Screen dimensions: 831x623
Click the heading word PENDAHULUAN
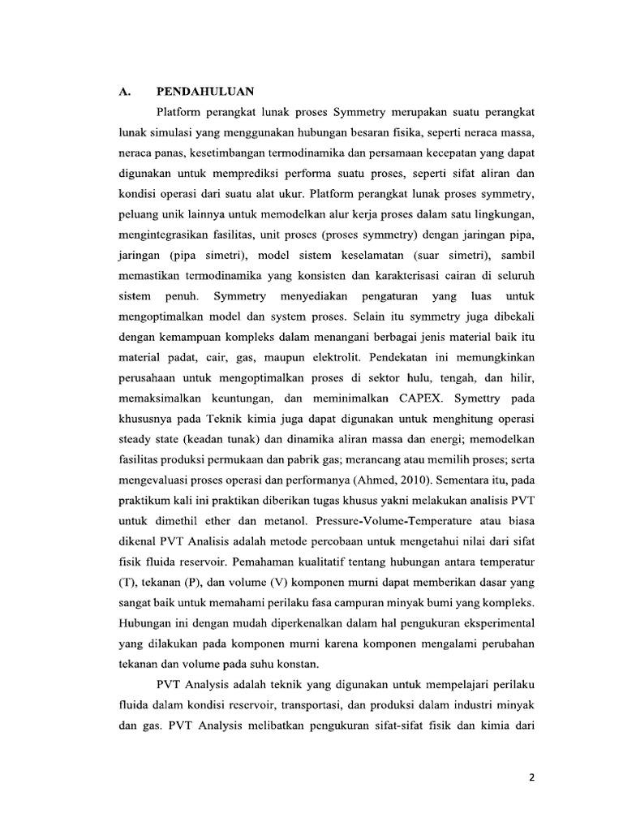pyautogui.click(x=205, y=92)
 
